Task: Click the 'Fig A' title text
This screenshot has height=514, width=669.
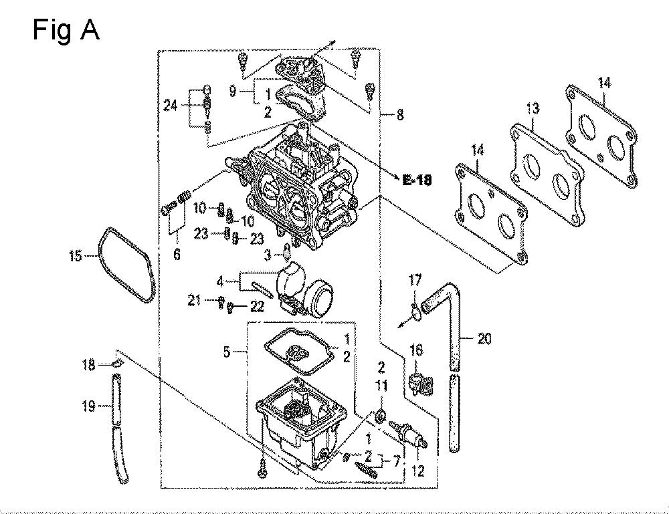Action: (x=66, y=31)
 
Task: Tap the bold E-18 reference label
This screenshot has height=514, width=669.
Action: (x=417, y=180)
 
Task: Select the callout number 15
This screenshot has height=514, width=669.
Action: (x=75, y=256)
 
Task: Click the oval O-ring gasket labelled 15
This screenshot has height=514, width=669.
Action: (x=126, y=265)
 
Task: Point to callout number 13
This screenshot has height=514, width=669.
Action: (x=533, y=109)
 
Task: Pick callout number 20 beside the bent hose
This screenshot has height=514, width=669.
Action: (x=484, y=339)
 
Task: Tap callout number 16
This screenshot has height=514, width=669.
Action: (x=416, y=350)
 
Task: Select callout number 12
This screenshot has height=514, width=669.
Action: (x=418, y=471)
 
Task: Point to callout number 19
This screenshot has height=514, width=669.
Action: (x=89, y=406)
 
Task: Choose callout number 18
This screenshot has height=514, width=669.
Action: (x=89, y=365)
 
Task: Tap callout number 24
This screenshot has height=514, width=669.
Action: (x=171, y=105)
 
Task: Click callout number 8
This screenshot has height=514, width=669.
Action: (x=400, y=114)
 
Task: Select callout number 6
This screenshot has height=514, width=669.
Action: (x=177, y=255)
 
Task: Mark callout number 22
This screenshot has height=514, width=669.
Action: (x=257, y=306)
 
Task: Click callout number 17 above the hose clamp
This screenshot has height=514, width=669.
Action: (x=415, y=281)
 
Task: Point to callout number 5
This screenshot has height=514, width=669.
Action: (x=227, y=352)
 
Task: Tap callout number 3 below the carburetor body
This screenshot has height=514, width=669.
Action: (x=268, y=255)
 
